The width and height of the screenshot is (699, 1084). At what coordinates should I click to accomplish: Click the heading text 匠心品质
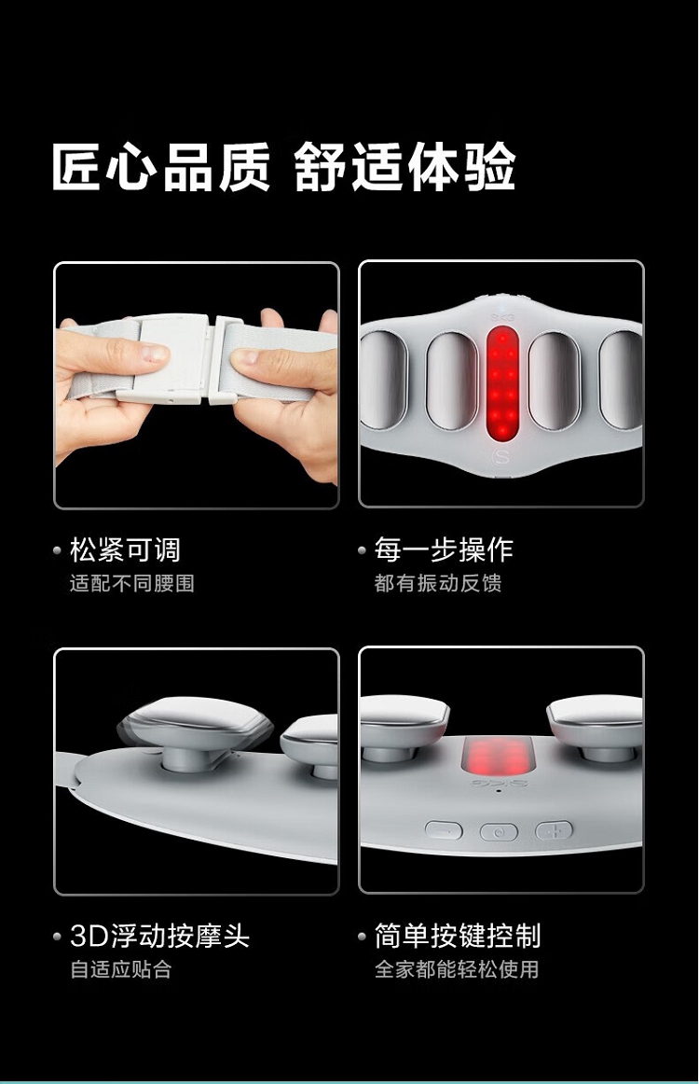point(161,167)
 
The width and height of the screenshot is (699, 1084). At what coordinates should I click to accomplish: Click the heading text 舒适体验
point(405,167)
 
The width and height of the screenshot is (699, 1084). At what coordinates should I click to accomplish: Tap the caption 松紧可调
point(125,550)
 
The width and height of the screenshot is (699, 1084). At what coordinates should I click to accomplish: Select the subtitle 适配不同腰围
point(132,583)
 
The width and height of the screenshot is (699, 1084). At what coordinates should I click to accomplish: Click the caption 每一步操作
point(445,550)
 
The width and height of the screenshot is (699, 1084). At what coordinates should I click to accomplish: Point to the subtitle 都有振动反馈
point(438,583)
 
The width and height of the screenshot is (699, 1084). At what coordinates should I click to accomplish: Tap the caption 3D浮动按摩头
point(159,936)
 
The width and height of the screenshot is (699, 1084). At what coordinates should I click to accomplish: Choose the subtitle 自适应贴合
point(121,969)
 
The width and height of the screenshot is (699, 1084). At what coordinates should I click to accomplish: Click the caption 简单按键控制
point(458,936)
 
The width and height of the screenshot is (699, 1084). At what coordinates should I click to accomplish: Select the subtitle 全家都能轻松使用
point(457,969)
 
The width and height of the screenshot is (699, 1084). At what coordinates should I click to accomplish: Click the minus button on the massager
point(444,830)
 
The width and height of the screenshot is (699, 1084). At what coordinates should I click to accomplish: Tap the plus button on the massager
point(554,829)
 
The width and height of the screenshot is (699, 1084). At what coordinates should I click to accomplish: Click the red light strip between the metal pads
point(502,383)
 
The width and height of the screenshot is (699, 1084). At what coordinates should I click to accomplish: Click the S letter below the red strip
point(502,456)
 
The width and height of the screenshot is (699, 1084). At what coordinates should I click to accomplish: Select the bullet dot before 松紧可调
point(58,551)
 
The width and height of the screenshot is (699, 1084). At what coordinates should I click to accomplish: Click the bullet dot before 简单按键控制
point(362,937)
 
